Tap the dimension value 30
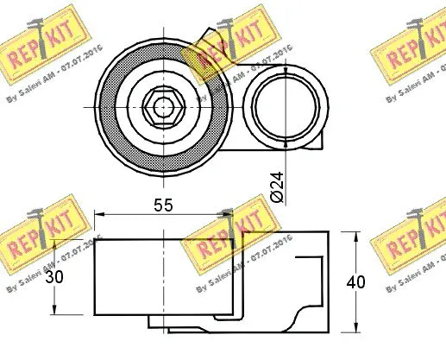pos(53,278)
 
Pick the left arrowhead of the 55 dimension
pos(97,214)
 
